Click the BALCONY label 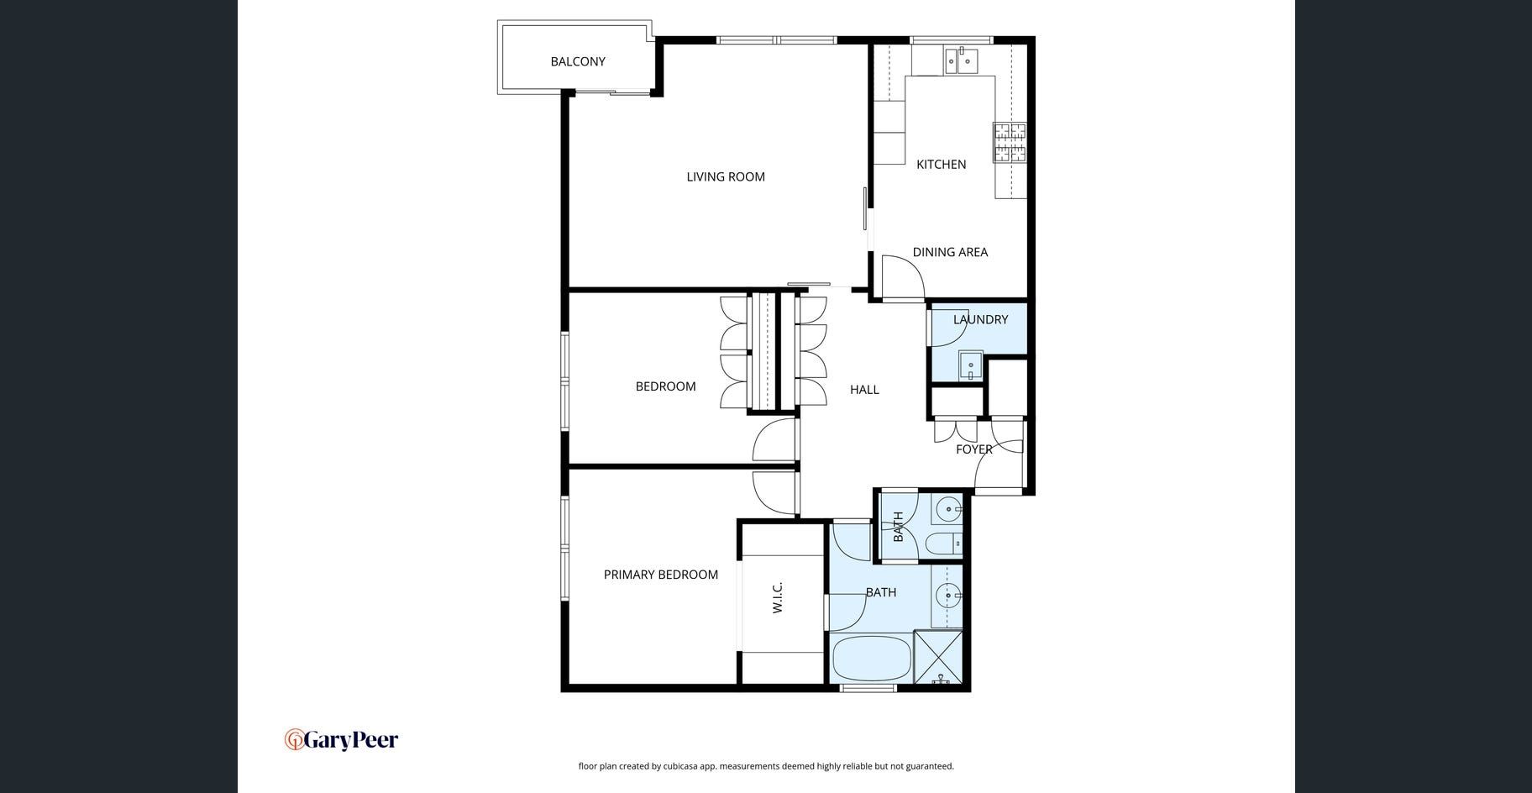click(x=578, y=61)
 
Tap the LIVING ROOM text click(x=726, y=176)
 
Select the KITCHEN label click(x=941, y=164)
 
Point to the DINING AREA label click(x=950, y=252)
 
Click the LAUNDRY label click(x=980, y=319)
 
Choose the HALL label click(x=864, y=389)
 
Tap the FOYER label click(x=974, y=449)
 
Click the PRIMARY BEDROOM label click(x=661, y=575)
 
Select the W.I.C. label click(x=778, y=597)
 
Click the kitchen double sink click(x=961, y=60)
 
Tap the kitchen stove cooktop click(x=1010, y=142)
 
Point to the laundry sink click(x=971, y=365)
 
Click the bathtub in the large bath click(x=871, y=659)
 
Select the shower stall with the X click(x=938, y=657)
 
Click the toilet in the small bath click(x=944, y=544)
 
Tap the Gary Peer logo click(x=341, y=740)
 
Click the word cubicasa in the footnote click(x=684, y=766)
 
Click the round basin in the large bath click(x=948, y=596)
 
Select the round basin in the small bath click(x=948, y=509)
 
